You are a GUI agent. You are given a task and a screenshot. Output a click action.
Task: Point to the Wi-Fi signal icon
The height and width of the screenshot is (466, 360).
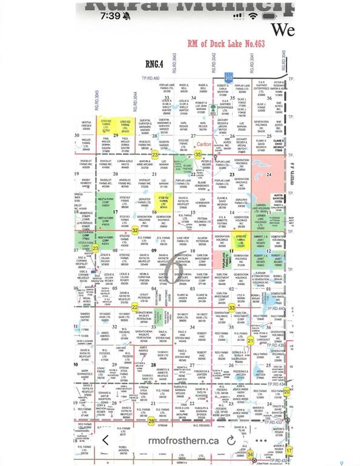tap(251, 16)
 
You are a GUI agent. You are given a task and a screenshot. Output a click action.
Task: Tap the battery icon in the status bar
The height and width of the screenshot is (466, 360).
tap(269, 16)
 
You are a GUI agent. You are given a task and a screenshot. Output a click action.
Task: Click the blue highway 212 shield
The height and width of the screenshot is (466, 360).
tap(228, 78)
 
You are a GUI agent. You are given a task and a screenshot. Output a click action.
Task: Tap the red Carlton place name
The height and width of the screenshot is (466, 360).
tap(205, 144)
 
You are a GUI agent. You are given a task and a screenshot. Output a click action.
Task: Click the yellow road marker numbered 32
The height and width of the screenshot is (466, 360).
tap(135, 230)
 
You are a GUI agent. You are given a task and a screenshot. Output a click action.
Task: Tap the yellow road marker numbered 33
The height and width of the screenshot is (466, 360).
tap(232, 308)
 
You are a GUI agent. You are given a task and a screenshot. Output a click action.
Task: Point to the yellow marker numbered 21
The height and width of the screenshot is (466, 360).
tap(250, 340)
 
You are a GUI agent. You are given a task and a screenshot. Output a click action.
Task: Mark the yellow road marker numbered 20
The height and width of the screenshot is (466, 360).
tap(287, 391)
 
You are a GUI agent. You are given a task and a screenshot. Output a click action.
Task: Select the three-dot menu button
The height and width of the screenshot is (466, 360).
tap(261, 441)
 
